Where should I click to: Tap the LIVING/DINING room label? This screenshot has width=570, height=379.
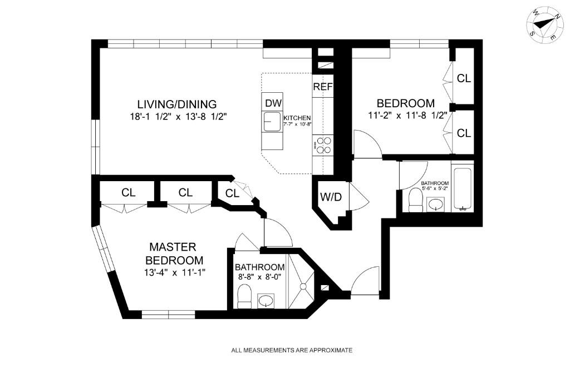point(176,104)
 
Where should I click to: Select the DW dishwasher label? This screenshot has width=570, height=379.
point(273,103)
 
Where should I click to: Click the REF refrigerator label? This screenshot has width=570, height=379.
point(323,87)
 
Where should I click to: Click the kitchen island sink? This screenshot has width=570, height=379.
point(273,121)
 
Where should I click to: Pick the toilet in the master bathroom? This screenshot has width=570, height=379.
point(244,297)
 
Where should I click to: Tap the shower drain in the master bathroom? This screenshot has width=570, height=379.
point(303,287)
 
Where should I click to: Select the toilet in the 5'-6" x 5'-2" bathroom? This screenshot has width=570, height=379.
point(416,200)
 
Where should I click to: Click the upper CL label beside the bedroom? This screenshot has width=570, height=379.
point(464,78)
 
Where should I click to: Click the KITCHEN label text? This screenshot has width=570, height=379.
point(297,118)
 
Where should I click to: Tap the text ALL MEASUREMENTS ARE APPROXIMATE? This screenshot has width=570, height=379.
point(292,350)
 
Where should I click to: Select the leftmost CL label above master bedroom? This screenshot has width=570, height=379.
point(129,193)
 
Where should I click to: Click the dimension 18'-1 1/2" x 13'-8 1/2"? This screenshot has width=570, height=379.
point(176,117)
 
